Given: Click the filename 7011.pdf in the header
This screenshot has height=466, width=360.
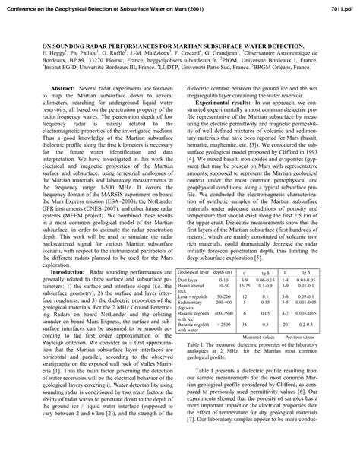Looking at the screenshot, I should tap(339, 6).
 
